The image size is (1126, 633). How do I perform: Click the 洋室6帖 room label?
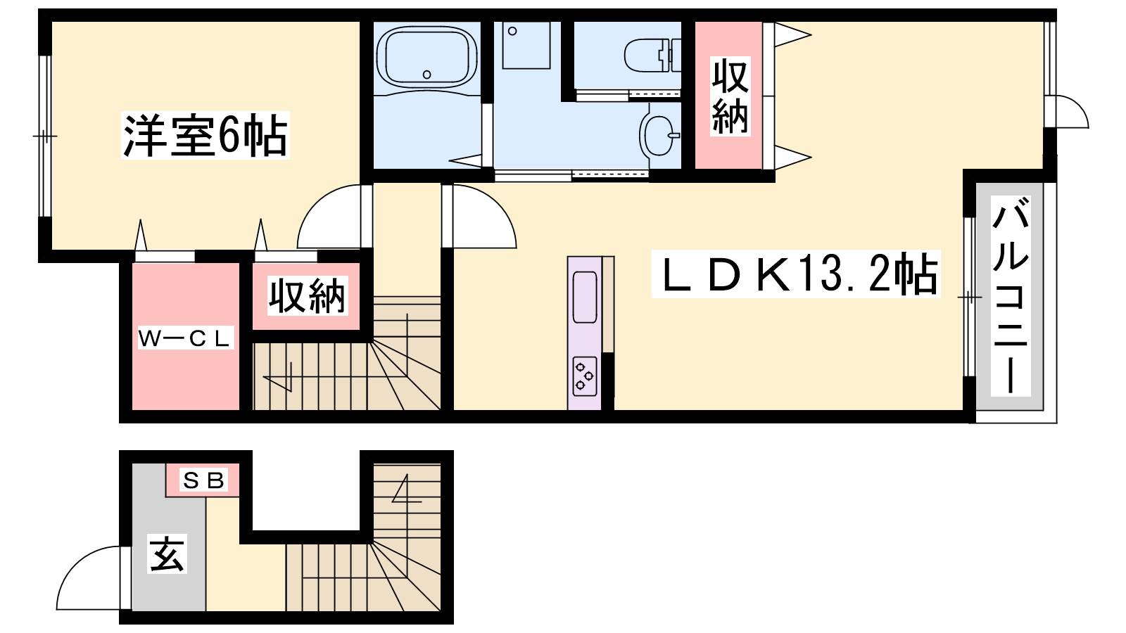pos(205,135)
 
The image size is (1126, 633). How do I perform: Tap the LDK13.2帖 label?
pos(796,274)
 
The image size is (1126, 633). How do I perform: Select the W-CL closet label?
pos(186,338)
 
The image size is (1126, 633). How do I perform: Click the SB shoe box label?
pos(203,481)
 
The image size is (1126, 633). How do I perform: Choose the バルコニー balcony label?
pos(1011,296)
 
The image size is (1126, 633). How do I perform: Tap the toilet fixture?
pos(652,56)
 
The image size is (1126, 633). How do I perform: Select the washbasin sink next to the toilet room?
pos(659,136)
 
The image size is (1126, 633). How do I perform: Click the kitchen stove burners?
pos(585,376)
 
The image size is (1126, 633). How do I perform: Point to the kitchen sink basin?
pos(585,297)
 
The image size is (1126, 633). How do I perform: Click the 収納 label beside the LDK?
pos(730,96)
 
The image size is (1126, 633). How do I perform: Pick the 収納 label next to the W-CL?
pos(307,296)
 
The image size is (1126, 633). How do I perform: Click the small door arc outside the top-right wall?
pos(1079,105)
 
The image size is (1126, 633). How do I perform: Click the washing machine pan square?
pos(526,46)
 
